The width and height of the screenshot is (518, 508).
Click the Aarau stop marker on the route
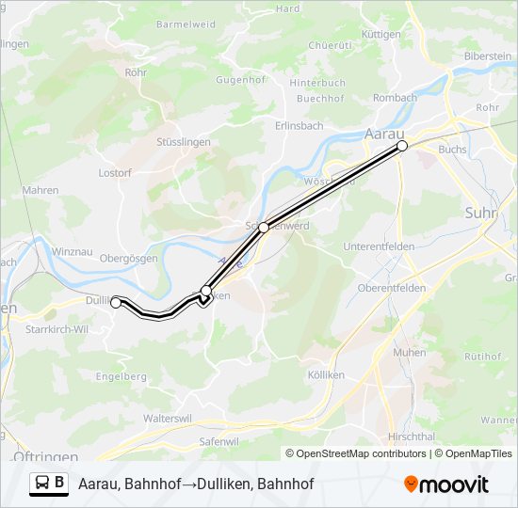[402, 146]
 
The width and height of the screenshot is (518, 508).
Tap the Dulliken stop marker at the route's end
[116, 303]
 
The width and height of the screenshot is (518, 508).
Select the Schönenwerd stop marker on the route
[264, 227]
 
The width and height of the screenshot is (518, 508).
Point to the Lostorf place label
[115, 173]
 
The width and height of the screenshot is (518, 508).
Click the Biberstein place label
[488, 56]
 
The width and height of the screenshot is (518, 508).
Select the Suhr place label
[480, 214]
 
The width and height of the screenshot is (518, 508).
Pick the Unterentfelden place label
[380, 246]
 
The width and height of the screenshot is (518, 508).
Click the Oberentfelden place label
[393, 288]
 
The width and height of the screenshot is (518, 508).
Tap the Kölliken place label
[326, 374]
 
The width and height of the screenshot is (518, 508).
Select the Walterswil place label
[167, 418]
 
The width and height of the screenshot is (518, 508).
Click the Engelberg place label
[121, 376]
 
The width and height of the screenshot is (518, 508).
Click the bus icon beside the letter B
[43, 483]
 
